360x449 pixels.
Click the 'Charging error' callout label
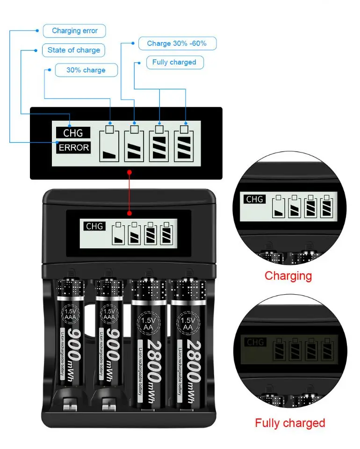pyautogui.click(x=74, y=31)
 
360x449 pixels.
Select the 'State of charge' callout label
pyautogui.click(x=74, y=50)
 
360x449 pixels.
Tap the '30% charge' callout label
pyautogui.click(x=86, y=70)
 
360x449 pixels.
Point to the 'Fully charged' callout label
pyautogui.click(x=174, y=62)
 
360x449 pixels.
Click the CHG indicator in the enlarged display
pyautogui.click(x=73, y=133)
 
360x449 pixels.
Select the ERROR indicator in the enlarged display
pyautogui.click(x=73, y=148)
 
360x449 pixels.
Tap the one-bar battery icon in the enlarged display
pyautogui.click(x=110, y=145)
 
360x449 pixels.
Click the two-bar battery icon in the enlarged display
pyautogui.click(x=134, y=145)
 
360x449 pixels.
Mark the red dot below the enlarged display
pyautogui.click(x=130, y=172)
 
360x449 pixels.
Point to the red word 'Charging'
pyautogui.click(x=288, y=276)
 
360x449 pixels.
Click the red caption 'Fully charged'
pyautogui.click(x=290, y=423)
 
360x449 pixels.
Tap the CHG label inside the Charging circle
pyautogui.click(x=255, y=199)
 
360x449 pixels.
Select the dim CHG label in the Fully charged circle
pyautogui.click(x=255, y=342)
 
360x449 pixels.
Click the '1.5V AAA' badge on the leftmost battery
pyautogui.click(x=70, y=314)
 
